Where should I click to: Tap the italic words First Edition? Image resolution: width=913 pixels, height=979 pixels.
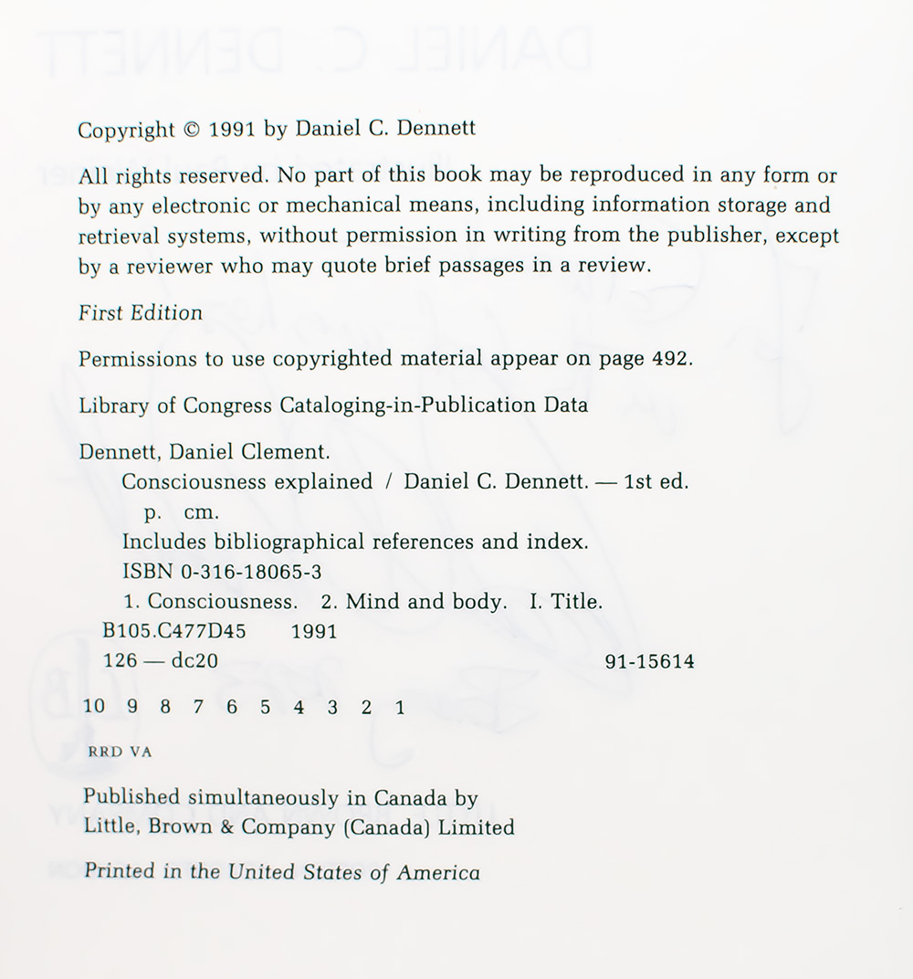[141, 312]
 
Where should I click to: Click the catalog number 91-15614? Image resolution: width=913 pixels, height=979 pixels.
[649, 661]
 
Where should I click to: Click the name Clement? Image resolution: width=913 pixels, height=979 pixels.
[275, 452]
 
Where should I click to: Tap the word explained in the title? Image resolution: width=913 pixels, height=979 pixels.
[324, 481]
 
